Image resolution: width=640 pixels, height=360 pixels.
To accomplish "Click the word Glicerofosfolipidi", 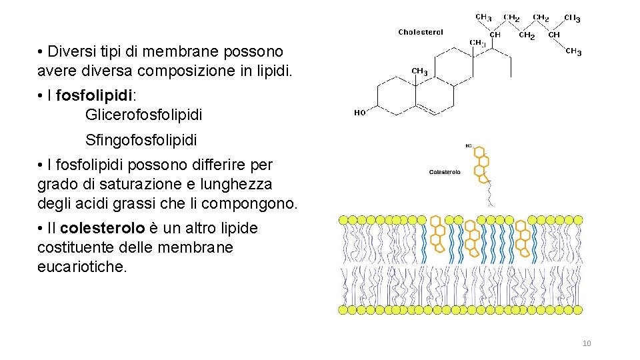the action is pos(143,115).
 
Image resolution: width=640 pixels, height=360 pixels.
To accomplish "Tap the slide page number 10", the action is pos(587,343).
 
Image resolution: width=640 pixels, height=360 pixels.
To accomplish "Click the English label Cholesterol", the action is pos(421,32).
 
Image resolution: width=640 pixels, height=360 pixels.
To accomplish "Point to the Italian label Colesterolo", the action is pos(445,172).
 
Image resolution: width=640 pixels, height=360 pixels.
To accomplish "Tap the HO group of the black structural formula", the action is pos(359,113).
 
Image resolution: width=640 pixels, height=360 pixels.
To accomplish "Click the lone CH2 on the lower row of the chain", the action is pos(527,35).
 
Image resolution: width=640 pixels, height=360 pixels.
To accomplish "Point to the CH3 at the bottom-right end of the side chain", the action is pos(573,52).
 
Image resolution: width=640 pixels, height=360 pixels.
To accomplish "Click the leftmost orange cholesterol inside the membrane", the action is pos(438,235).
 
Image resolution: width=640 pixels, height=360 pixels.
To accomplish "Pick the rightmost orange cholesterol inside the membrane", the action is pos(523,235).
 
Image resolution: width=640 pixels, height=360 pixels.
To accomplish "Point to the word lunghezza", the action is pos(241,183).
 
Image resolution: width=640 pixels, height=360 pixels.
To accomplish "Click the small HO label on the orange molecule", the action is pos(469,145).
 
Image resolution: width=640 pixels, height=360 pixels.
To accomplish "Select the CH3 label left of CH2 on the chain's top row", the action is pos(483,17).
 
